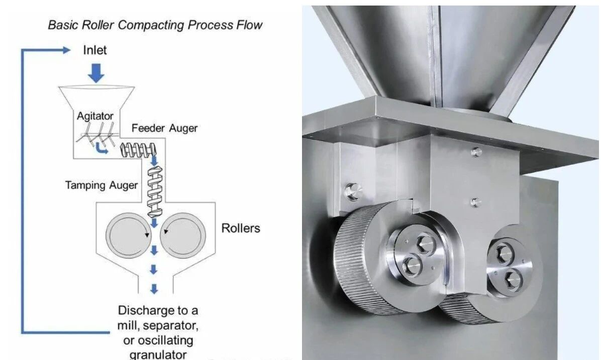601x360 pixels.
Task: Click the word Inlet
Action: [94, 50]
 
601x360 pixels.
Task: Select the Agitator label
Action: [95, 116]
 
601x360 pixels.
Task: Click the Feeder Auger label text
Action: [164, 128]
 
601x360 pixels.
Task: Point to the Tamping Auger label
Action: [101, 185]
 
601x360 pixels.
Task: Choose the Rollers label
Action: [241, 228]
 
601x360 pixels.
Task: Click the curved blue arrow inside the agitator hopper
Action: [102, 149]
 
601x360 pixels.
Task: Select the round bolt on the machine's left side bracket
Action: [351, 190]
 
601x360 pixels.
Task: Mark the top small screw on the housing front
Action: [474, 151]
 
